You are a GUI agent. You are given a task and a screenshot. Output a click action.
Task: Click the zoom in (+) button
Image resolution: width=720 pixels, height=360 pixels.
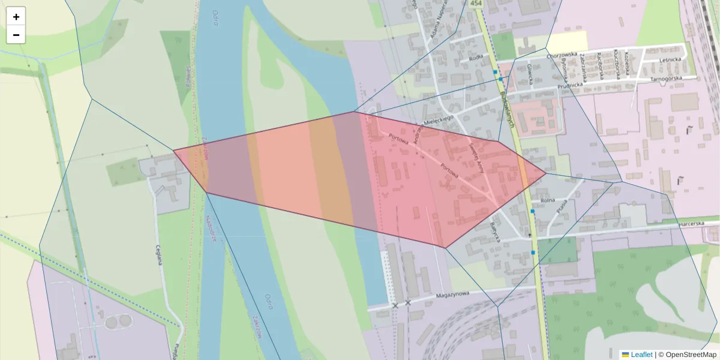click(16, 17)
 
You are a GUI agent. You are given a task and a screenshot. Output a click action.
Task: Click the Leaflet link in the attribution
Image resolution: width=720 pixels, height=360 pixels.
click(641, 355)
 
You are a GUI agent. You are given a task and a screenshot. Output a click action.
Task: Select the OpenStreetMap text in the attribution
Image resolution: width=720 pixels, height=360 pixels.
click(691, 355)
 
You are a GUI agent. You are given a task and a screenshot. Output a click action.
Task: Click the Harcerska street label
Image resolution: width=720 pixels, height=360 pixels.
click(691, 223)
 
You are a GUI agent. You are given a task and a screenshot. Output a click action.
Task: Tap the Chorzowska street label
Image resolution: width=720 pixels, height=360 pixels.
click(562, 55)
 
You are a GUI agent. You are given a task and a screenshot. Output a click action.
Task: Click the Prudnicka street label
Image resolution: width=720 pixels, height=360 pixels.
click(570, 85)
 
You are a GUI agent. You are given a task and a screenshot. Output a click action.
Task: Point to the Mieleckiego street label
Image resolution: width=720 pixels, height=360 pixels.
click(437, 121)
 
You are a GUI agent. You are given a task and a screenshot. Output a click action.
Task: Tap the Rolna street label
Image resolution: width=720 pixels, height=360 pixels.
click(547, 200)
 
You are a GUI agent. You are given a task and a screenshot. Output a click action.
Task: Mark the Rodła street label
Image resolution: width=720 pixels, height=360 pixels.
click(476, 58)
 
